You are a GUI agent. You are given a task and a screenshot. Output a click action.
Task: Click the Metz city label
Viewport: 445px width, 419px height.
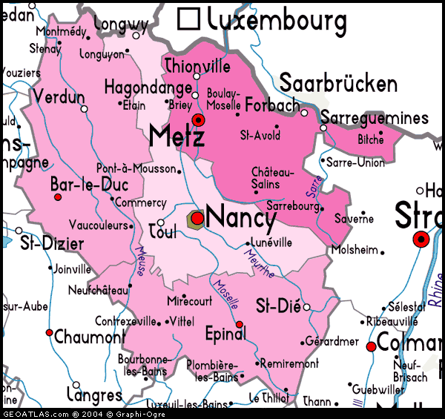coord(176,136)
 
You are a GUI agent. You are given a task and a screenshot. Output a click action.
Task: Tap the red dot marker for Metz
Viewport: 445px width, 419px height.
coord(197,119)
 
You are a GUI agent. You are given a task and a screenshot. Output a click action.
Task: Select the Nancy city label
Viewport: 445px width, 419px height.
coord(240,218)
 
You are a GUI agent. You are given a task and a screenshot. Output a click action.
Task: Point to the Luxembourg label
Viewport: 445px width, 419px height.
coord(277,20)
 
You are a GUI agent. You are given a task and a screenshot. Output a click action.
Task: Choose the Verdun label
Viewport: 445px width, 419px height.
coord(59,96)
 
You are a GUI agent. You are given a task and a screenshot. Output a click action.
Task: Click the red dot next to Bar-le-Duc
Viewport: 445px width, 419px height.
coord(57,197)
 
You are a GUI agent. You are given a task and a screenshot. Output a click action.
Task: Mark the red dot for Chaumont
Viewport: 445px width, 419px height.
coord(49,332)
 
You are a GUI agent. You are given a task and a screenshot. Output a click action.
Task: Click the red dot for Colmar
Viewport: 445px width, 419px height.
coord(371,346)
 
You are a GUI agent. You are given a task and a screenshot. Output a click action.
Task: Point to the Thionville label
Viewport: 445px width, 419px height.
coord(197,65)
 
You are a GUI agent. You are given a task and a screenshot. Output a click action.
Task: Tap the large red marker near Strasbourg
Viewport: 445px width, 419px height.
coord(421,239)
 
